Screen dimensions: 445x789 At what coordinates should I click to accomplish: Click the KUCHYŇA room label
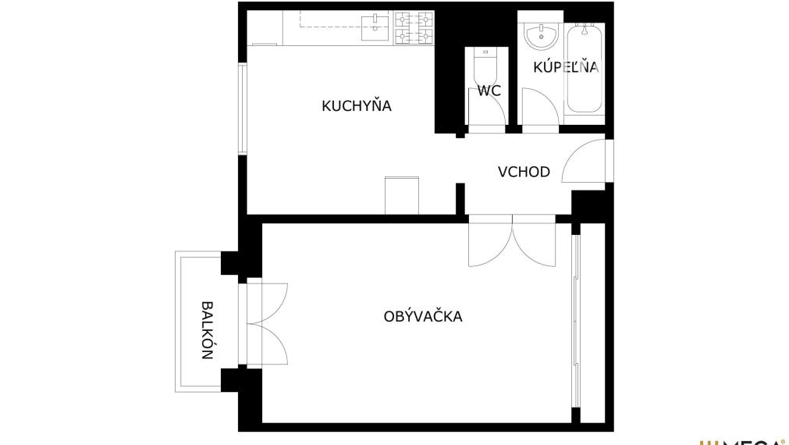pos(356,105)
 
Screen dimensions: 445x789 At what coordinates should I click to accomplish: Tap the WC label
pos(489,91)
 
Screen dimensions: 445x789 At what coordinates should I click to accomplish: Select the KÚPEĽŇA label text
pos(566,67)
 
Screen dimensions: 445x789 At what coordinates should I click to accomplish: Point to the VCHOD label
pos(524,172)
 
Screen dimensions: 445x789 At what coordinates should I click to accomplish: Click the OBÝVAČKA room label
pos(423,316)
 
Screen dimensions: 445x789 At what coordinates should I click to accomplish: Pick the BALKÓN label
pos(207,329)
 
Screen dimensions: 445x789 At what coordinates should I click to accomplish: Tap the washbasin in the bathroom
pos(540,35)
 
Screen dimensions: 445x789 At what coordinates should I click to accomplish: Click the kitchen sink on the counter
pos(376,27)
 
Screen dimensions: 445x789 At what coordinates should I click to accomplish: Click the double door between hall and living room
pos(513,242)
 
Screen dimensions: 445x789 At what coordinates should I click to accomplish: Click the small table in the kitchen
pos(403,195)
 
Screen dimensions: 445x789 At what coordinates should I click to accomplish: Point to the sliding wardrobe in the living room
pos(576,320)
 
